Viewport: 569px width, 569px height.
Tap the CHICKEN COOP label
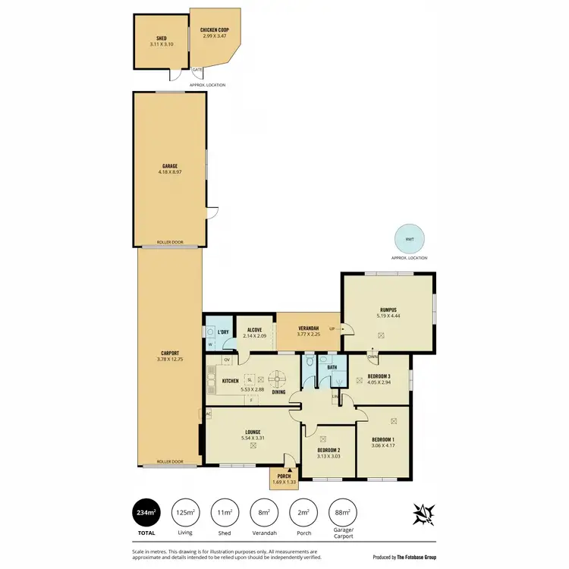(215, 30)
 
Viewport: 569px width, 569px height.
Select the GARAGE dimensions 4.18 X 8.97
(169, 172)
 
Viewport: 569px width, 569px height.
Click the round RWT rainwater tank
(410, 240)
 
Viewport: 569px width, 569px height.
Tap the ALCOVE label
(254, 330)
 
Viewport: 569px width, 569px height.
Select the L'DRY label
(223, 332)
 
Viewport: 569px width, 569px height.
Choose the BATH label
(332, 368)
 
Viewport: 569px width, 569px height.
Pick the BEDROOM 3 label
(379, 376)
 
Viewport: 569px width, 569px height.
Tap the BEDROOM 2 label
(329, 450)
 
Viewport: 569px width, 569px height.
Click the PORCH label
(284, 476)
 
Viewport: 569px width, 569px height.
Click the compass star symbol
(423, 514)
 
